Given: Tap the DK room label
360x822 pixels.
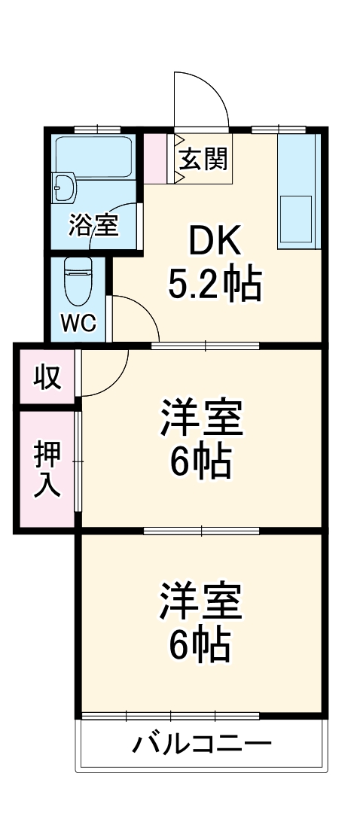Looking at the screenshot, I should tap(215, 242).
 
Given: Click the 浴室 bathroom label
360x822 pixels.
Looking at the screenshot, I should tap(94, 225).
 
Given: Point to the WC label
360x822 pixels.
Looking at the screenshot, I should tap(78, 323).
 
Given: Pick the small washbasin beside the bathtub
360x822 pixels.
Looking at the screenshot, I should tap(64, 187).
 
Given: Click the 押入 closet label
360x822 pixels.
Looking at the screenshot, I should tap(46, 468).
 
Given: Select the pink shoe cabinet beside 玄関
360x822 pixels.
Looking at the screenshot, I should tap(159, 158).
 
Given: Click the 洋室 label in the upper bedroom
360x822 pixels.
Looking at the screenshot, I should tap(201, 419).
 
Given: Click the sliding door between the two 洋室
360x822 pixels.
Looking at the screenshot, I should tap(202, 530).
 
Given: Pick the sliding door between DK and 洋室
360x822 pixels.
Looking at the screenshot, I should tap(205, 346).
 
